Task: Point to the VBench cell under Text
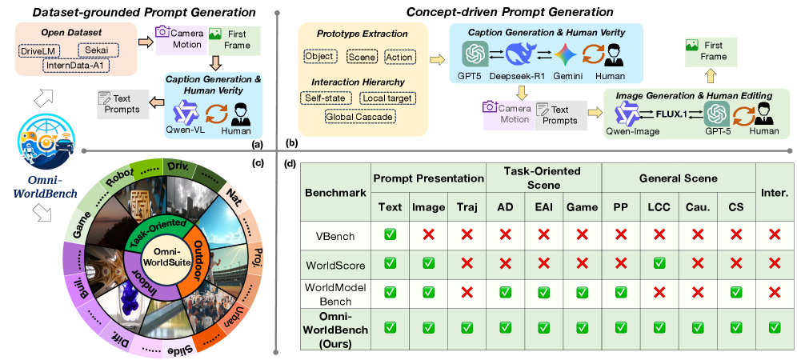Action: point(390,236)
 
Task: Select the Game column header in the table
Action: point(582,207)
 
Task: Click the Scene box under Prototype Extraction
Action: point(362,58)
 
